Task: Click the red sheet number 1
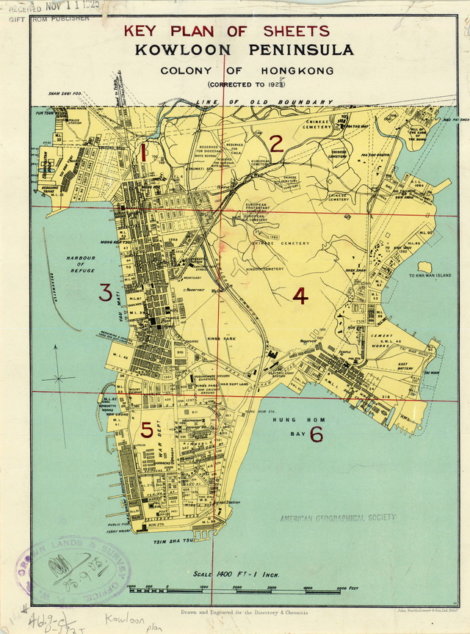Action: click(x=144, y=153)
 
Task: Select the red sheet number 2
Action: click(x=276, y=144)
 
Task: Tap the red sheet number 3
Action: click(x=106, y=294)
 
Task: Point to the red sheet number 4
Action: click(x=300, y=296)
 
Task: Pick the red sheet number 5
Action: click(x=148, y=430)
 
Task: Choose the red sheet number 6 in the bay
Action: click(x=317, y=434)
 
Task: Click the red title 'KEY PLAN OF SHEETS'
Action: click(x=226, y=31)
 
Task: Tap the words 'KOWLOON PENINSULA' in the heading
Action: click(x=243, y=50)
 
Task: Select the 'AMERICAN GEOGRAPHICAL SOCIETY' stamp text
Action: click(x=337, y=518)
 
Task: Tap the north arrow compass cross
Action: click(x=58, y=379)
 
